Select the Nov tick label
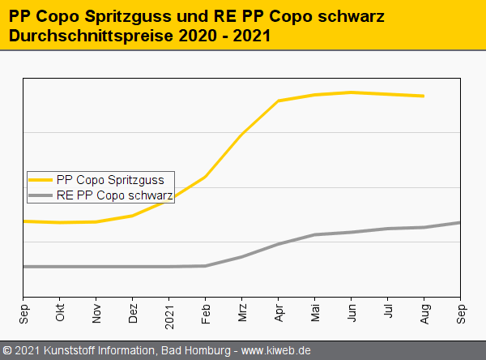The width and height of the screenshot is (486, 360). point(96,312)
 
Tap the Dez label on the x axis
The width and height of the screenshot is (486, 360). point(133,312)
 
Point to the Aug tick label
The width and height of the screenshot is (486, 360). point(424,312)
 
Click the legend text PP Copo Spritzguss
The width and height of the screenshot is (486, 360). point(111,179)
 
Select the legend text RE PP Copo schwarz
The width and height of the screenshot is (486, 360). point(115,195)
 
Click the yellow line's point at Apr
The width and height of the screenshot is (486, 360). point(279,101)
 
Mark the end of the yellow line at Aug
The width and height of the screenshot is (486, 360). point(424,96)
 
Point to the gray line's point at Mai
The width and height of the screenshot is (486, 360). point(315,234)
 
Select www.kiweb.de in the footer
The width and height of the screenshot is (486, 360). point(276,351)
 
